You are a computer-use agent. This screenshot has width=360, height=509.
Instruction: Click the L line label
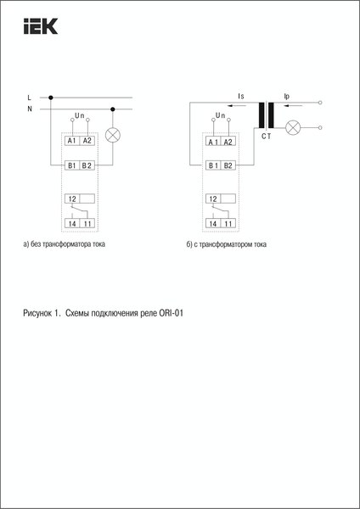click(30, 98)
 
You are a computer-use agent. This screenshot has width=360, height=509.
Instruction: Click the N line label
click(30, 109)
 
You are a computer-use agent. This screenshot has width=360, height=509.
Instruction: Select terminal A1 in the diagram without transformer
click(72, 140)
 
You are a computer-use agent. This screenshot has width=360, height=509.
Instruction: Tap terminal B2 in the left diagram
click(87, 165)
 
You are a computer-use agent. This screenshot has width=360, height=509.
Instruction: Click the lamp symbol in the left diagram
click(112, 135)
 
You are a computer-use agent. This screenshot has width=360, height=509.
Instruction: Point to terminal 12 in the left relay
click(72, 198)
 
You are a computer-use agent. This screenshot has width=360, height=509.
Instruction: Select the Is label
click(242, 98)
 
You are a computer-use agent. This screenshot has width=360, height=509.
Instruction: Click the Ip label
click(287, 98)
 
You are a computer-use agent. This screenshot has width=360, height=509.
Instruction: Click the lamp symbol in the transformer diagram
click(294, 128)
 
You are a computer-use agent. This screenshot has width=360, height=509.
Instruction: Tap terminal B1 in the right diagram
click(213, 165)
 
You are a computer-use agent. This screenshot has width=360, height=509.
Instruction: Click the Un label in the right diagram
click(221, 114)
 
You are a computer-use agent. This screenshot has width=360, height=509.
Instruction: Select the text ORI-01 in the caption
click(172, 313)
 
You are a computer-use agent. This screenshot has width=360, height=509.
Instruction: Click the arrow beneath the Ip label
click(288, 106)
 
